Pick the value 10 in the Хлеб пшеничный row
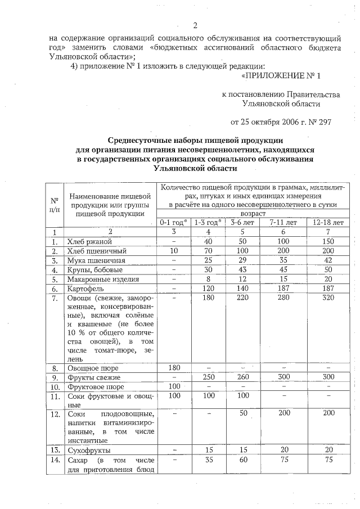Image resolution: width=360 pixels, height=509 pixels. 174,251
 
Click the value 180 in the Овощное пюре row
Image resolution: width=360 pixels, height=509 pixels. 174,368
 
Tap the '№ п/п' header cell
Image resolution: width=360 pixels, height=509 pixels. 55,205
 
